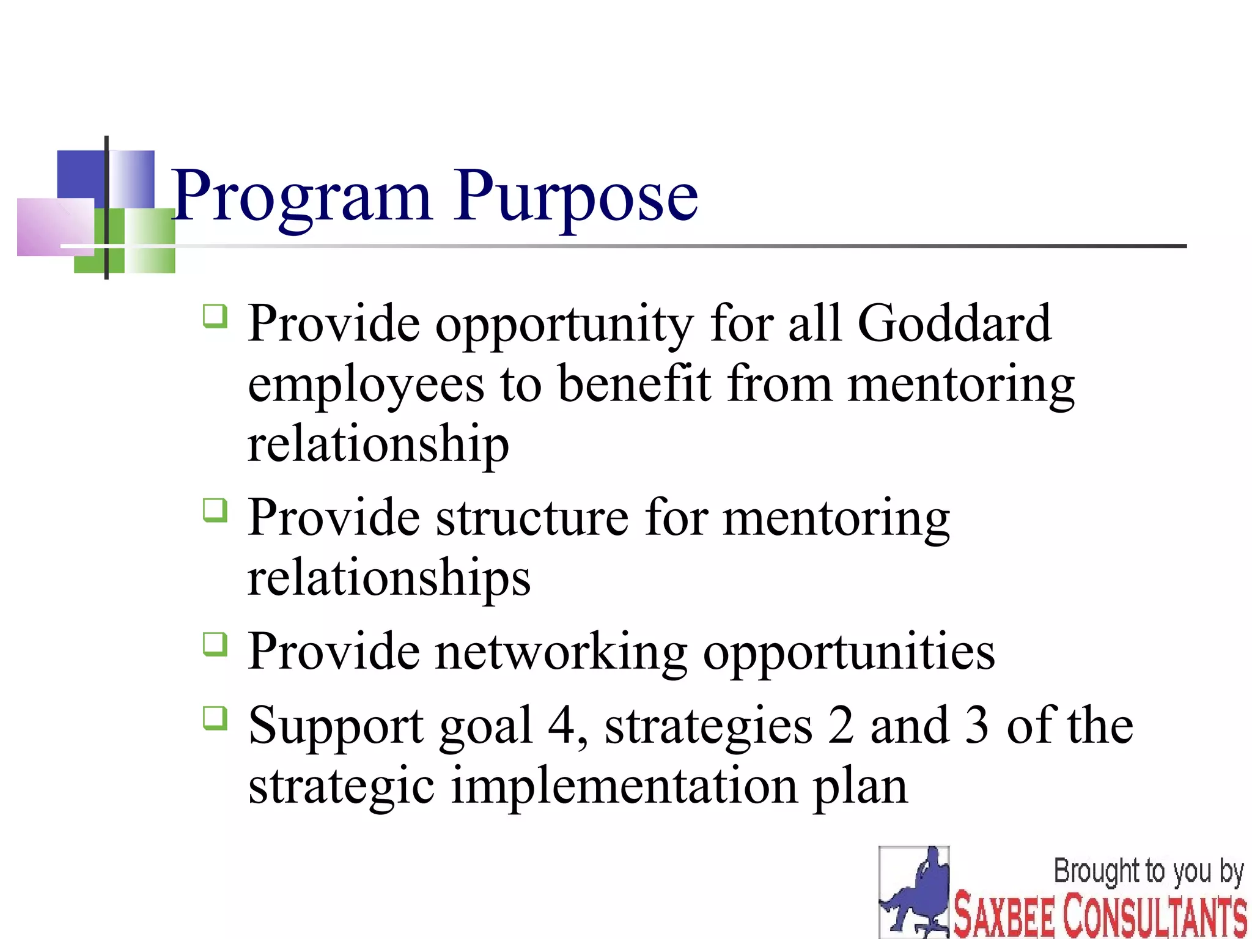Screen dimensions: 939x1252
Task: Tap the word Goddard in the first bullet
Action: [x=954, y=323]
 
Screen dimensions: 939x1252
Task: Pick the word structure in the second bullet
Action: [x=532, y=518]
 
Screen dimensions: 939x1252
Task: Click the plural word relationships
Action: [x=389, y=578]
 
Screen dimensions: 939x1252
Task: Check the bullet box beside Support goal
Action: [x=215, y=718]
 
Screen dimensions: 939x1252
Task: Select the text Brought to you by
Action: [x=1148, y=872]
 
